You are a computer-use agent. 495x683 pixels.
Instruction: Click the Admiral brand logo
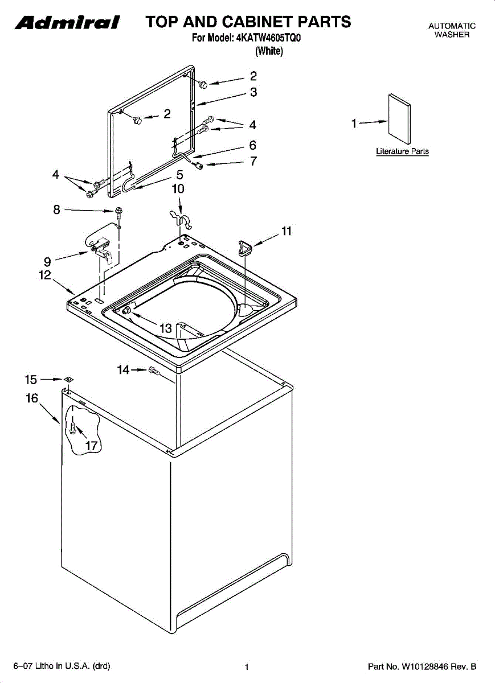click(67, 23)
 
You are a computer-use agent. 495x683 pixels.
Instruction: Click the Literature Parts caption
click(402, 151)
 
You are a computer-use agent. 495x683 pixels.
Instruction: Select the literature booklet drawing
click(399, 118)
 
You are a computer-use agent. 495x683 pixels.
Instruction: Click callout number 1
click(354, 123)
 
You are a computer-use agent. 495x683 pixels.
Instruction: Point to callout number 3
click(253, 92)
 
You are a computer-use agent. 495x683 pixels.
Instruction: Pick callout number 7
click(253, 161)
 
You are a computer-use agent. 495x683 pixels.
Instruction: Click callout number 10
click(178, 188)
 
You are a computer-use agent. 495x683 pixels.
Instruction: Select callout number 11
click(286, 231)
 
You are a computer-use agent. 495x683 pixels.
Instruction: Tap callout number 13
click(166, 328)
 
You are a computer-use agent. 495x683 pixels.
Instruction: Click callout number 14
click(123, 370)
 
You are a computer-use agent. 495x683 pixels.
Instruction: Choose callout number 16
click(32, 398)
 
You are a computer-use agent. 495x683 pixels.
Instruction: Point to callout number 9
click(47, 262)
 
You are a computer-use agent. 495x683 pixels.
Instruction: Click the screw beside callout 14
click(153, 371)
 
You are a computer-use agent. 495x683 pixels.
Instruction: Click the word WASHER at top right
click(452, 35)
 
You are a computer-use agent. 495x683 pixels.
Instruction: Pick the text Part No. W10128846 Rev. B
click(422, 666)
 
